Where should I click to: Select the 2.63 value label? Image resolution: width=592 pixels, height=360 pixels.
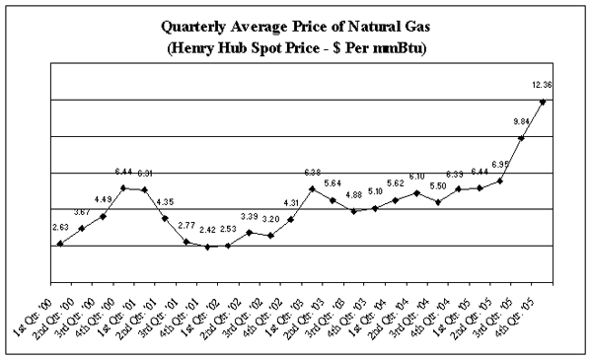click(x=59, y=226)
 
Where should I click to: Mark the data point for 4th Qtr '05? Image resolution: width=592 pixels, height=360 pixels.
click(x=543, y=102)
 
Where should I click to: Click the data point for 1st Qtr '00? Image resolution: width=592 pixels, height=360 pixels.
click(x=60, y=244)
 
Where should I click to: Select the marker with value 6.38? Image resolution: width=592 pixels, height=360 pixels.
click(x=312, y=188)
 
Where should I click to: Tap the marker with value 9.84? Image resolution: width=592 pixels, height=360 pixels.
click(x=522, y=138)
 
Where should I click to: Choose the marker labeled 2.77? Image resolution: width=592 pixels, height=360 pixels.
click(x=185, y=242)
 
